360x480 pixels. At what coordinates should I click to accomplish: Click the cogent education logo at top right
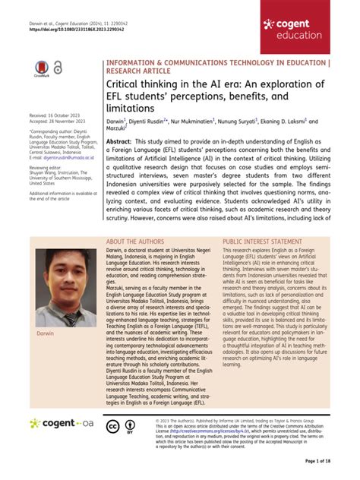coord(309,28)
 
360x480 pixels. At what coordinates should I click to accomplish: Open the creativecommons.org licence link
coord(196,431)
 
